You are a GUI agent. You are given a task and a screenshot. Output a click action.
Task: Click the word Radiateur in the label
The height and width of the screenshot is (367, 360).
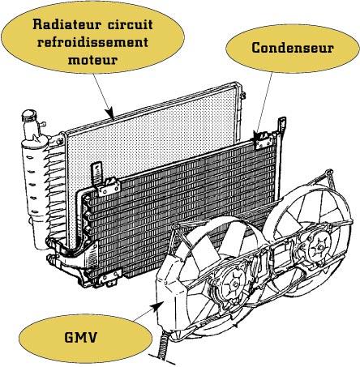point(67,24)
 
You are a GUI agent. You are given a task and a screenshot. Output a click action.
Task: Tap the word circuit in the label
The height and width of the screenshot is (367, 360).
point(131,24)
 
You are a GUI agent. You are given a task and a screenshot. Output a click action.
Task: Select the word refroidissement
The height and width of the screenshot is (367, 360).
point(92,42)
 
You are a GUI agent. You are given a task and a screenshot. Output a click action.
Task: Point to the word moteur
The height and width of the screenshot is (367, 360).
point(92,60)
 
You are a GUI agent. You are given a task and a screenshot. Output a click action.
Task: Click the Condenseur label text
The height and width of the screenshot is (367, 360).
point(293,48)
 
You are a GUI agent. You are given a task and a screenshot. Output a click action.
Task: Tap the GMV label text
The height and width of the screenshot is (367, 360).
point(80,337)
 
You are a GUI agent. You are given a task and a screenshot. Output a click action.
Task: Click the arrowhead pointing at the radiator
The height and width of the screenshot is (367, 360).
point(110,113)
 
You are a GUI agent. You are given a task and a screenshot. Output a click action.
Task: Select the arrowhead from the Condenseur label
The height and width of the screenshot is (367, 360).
point(256,136)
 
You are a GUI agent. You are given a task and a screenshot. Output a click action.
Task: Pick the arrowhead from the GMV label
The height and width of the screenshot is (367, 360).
point(158,306)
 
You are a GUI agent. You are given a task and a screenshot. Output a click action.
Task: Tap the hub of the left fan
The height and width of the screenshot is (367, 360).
point(235,284)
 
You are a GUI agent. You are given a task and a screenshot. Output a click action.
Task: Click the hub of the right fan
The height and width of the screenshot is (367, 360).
point(319,248)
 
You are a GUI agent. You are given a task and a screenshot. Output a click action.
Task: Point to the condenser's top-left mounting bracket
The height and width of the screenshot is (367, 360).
point(109,186)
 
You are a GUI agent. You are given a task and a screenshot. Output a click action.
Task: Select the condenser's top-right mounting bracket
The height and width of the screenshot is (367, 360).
point(264,140)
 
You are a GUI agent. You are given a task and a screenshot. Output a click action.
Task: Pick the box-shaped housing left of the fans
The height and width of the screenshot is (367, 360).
point(171,293)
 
